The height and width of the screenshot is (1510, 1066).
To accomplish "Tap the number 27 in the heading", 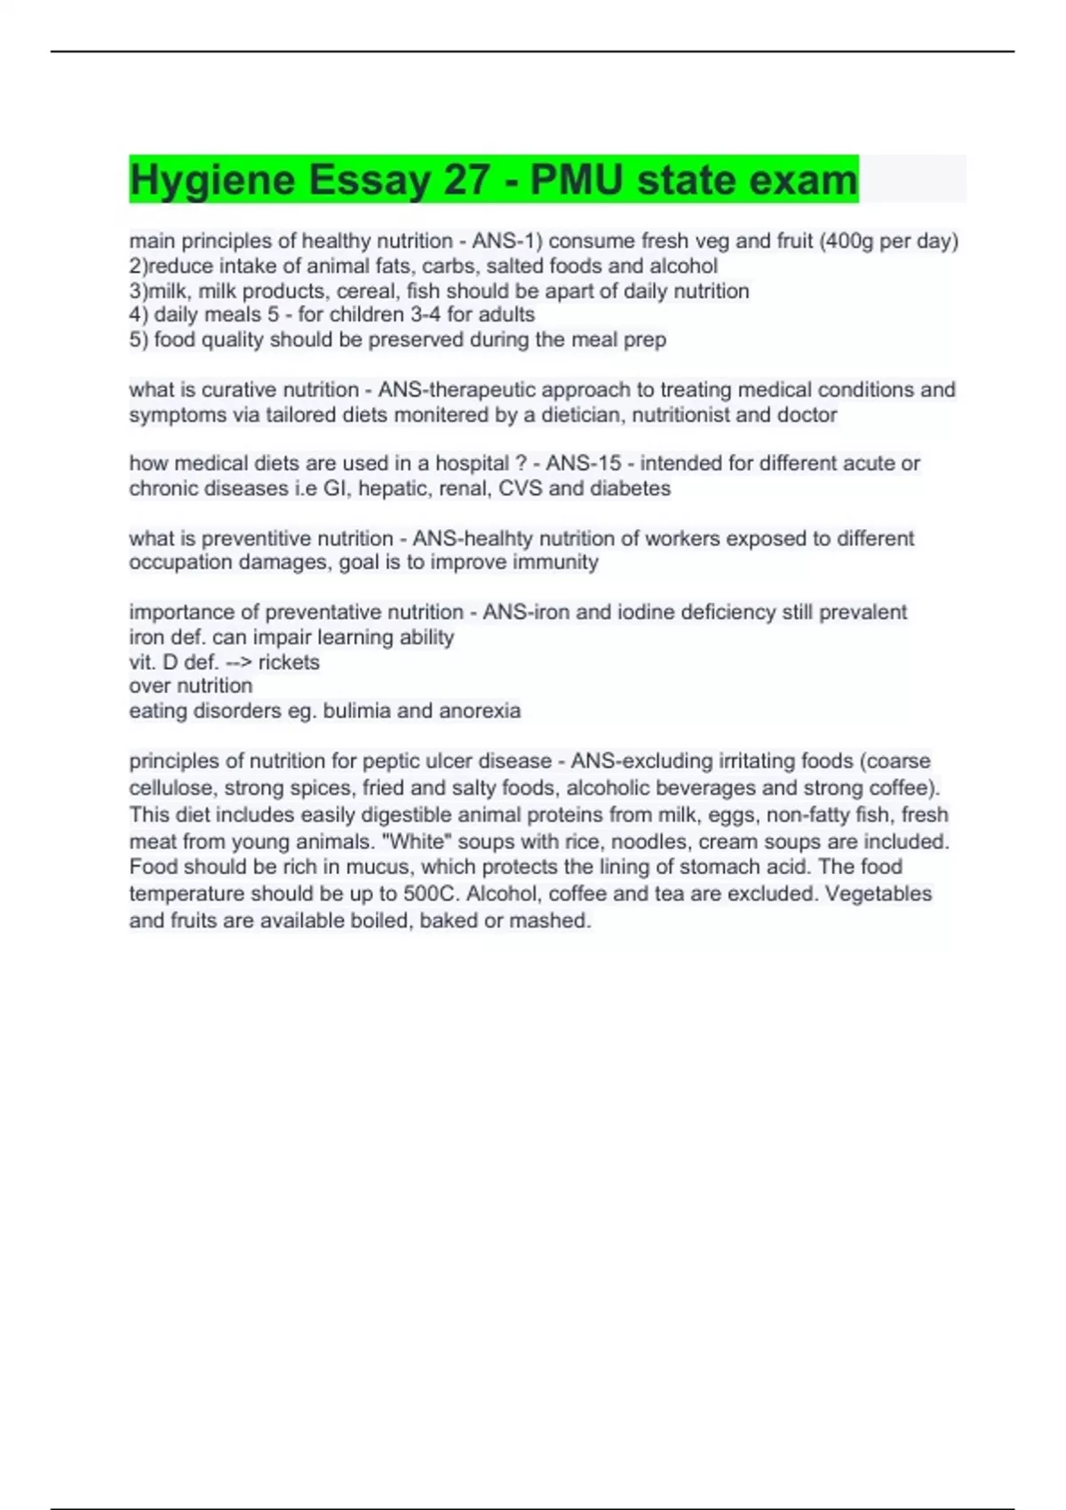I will click(466, 180).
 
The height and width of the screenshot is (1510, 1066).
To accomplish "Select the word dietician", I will click(579, 415).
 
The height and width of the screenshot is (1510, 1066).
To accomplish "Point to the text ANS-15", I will click(584, 463).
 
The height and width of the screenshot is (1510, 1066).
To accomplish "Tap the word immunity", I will click(553, 562).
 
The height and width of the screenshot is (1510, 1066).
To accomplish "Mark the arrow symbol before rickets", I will click(240, 662).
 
